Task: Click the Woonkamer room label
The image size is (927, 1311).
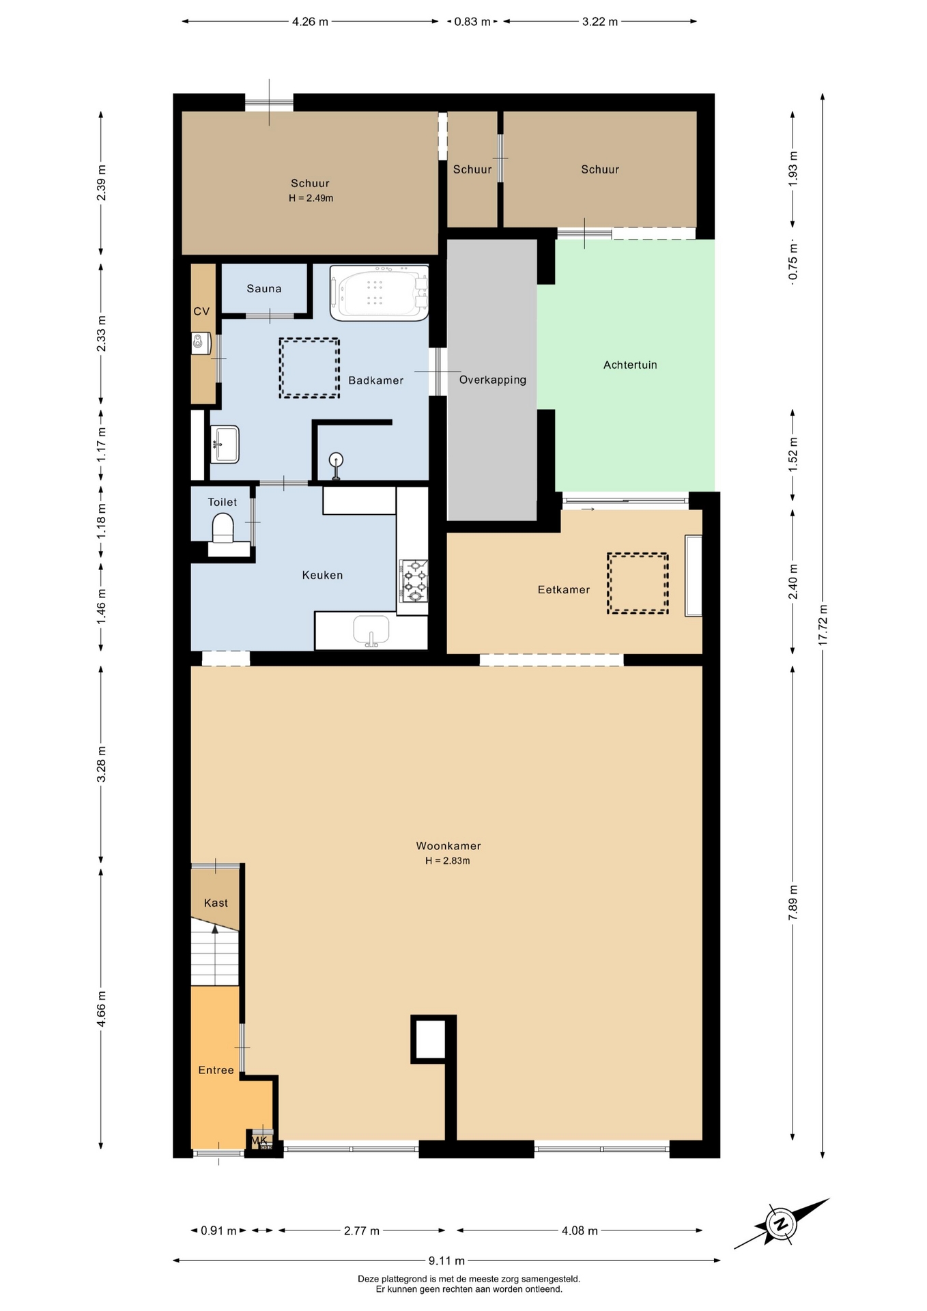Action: point(448,845)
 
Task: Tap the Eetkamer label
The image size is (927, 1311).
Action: point(563,589)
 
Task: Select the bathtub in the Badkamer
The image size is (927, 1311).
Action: point(379,293)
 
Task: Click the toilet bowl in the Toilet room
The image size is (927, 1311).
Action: point(223,527)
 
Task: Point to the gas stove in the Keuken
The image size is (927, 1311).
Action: point(414,580)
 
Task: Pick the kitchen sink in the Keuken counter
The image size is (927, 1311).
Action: point(371,630)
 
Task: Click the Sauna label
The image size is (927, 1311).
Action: point(264,288)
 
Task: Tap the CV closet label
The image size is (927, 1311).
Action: point(201,311)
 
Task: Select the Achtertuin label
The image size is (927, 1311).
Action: point(630,365)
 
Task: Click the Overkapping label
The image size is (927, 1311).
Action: point(493,380)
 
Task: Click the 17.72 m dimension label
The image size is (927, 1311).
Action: point(823,625)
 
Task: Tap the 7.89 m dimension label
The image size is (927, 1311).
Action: point(793,903)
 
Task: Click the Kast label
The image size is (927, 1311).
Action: point(216,903)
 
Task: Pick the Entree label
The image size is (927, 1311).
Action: point(216,1070)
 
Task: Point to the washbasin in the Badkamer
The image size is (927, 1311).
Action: point(225,444)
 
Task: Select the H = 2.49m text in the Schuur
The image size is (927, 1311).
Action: point(311,198)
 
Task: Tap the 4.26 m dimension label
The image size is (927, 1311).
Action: point(310,21)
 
